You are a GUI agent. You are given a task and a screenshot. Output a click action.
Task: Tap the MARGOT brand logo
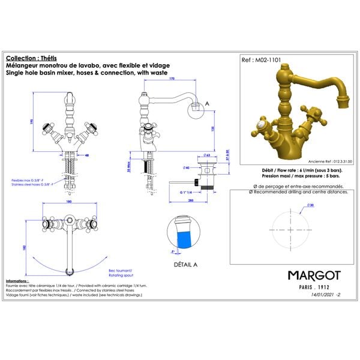pos(314,275)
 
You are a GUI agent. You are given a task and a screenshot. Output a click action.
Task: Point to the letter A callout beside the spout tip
pos(208,103)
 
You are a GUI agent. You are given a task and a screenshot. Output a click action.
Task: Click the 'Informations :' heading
pos(17,281)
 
